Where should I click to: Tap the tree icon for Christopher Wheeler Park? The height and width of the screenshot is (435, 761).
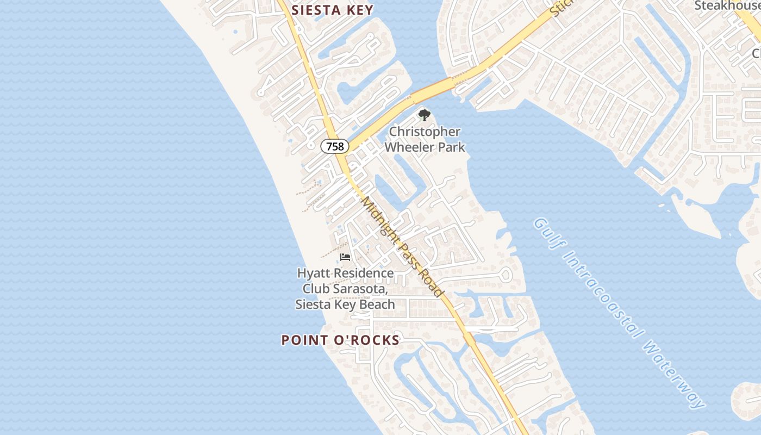click(425, 115)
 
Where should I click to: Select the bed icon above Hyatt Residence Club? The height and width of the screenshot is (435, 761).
click(345, 257)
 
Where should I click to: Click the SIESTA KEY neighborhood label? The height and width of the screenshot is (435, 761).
click(333, 10)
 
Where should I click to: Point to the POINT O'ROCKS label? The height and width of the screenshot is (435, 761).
click(340, 340)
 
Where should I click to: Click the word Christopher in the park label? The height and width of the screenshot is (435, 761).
click(425, 132)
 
